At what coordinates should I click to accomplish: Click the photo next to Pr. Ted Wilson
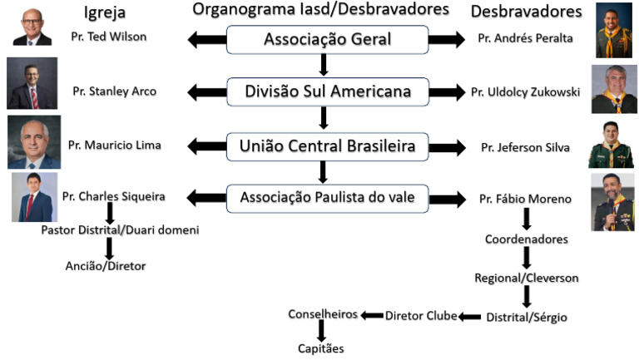point(32,27)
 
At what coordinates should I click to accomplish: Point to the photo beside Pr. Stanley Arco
point(32,83)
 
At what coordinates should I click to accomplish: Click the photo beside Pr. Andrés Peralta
point(613,32)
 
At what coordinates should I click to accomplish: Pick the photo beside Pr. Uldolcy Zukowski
point(613,89)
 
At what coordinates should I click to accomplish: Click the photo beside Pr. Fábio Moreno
point(612,202)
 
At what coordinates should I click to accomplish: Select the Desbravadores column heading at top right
point(537,12)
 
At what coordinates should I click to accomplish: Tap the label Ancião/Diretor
point(106,266)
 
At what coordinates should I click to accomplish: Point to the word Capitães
point(320,349)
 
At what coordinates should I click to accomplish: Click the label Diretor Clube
point(421,315)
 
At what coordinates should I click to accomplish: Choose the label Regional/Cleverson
point(526,278)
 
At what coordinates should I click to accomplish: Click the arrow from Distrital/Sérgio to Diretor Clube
point(470,316)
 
